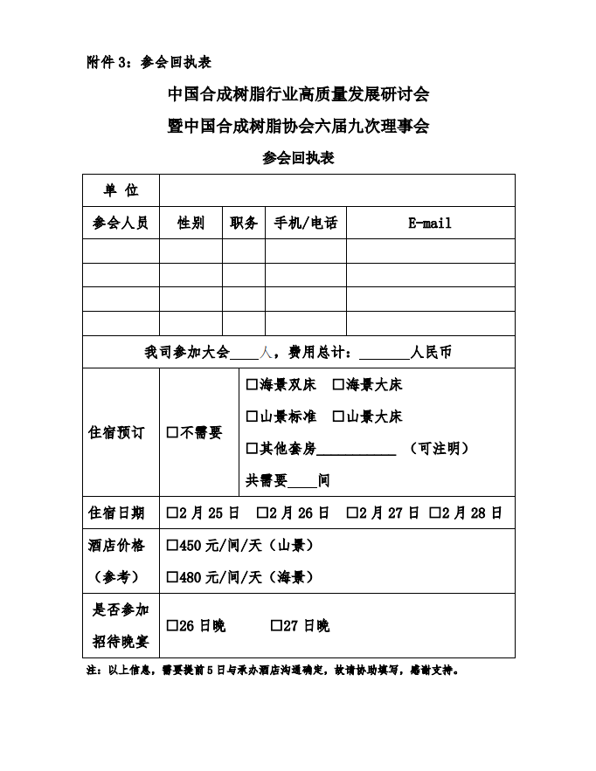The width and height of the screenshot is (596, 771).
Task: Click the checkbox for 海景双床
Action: point(252,385)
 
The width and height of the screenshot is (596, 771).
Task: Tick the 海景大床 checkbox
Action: point(338,385)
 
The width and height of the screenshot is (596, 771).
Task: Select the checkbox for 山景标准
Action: point(252,416)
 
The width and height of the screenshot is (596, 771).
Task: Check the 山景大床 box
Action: point(338,416)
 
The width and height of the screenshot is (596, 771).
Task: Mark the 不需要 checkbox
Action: point(172,433)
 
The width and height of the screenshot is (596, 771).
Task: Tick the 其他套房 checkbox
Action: point(252,448)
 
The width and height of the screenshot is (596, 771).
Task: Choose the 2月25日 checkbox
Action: point(172,513)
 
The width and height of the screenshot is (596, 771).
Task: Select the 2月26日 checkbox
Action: point(261,513)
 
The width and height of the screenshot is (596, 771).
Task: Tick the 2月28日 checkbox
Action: point(434,513)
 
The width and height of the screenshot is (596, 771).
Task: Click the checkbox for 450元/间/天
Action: point(172,546)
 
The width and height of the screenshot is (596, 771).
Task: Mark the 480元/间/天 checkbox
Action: point(172,577)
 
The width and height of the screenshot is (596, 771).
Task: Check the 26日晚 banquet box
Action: point(172,626)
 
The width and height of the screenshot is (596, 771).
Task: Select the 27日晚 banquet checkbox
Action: point(275,626)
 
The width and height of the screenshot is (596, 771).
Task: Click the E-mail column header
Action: point(430,223)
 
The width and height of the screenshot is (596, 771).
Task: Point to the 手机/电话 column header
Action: point(306,223)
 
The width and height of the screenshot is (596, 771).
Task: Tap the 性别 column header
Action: point(191,223)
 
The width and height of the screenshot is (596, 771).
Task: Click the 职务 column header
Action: point(244,223)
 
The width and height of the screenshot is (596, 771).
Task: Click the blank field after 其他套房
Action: point(357,449)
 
